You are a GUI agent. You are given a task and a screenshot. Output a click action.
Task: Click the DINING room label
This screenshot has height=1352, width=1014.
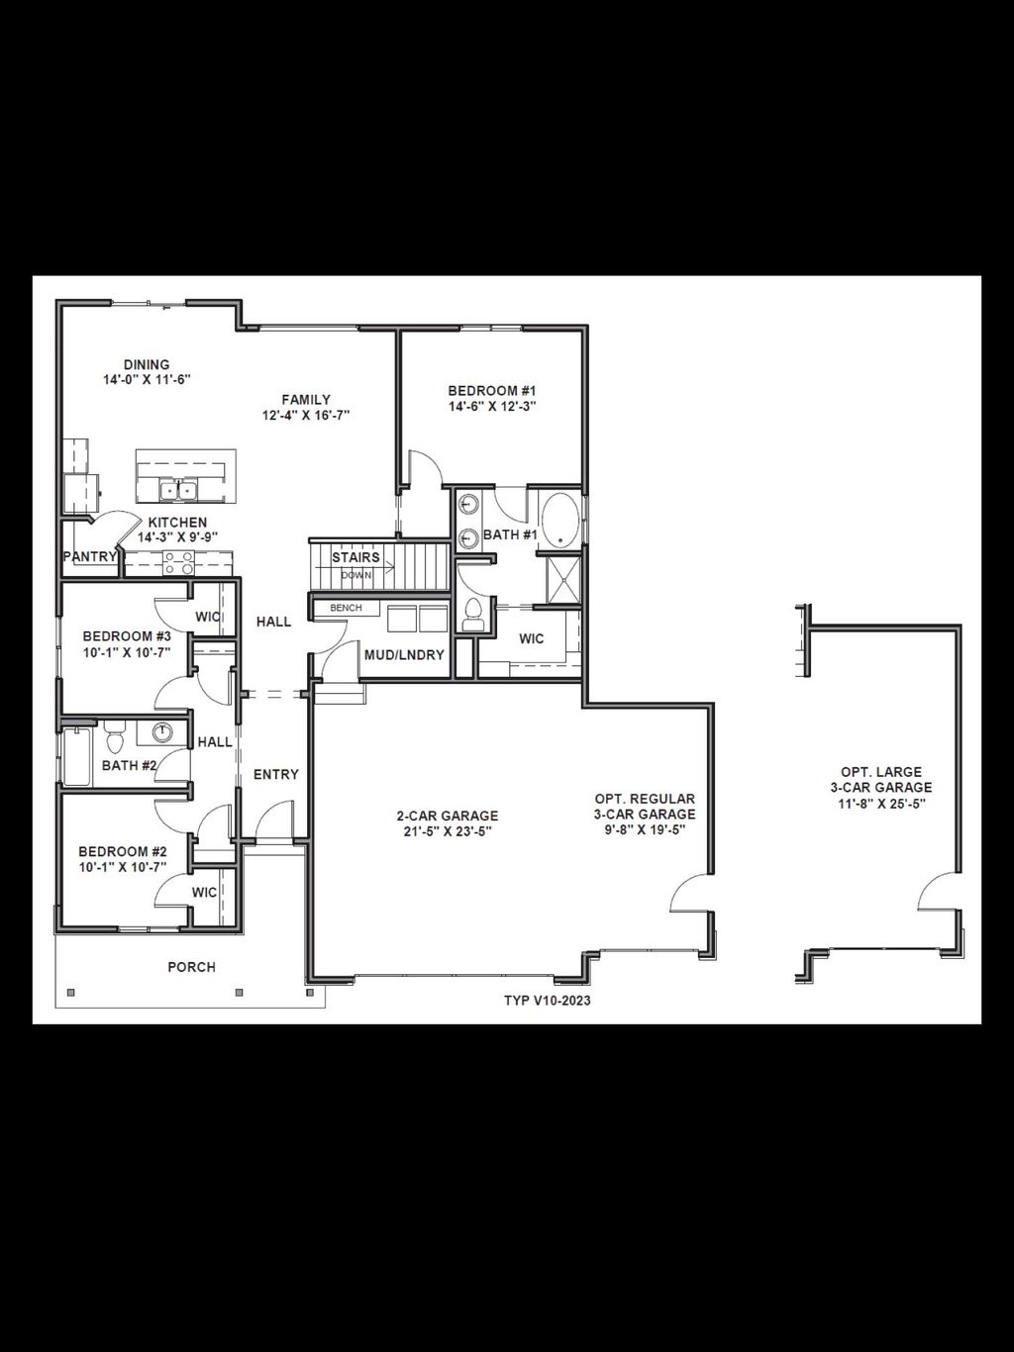pos(147,364)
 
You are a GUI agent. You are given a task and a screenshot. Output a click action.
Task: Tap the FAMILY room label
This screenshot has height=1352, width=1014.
pos(306,400)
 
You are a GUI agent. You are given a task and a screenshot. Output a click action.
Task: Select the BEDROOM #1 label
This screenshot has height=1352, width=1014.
pos(492,391)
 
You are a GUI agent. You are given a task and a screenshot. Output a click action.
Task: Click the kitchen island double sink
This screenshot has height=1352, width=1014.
pos(179,489)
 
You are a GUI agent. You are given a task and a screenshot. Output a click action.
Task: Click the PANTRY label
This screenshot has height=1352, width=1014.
pos(90,557)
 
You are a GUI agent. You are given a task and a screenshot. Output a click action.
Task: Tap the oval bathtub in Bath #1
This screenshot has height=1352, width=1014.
pos(560,520)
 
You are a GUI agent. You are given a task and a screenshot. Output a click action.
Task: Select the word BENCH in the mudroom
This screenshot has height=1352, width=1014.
pos(346,608)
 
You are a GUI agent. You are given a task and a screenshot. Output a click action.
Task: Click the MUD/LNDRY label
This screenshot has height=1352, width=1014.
pos(404,655)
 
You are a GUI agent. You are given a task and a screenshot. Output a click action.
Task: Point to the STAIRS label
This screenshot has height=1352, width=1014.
pos(355,557)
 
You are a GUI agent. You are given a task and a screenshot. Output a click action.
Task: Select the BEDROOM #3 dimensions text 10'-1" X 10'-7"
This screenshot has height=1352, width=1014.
pos(127,652)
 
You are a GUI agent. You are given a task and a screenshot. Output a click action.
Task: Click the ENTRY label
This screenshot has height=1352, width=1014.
pos(276,774)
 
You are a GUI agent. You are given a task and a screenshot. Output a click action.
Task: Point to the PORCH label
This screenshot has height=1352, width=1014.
pos(191,967)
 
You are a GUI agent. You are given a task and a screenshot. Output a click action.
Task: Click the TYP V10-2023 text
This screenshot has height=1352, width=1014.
pos(548,1001)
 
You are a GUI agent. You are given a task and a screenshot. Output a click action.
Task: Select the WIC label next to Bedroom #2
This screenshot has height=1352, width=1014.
pos(205,892)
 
